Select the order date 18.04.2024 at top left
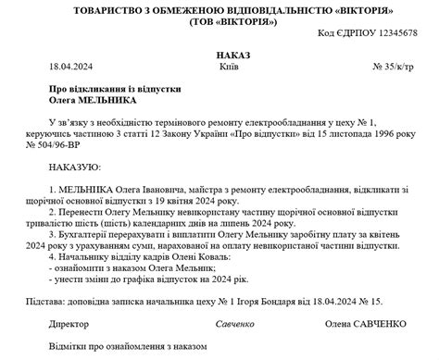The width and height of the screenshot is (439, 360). (x=70, y=68)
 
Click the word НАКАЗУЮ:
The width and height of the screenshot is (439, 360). (x=74, y=169)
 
